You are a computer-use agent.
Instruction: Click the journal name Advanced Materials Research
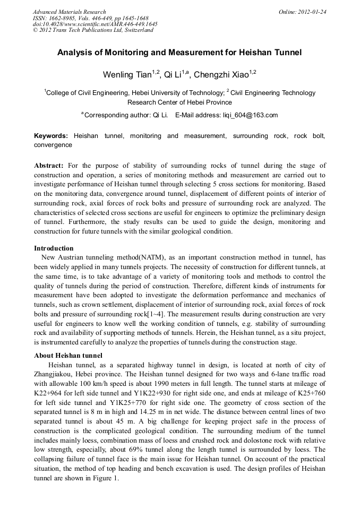point(69,12)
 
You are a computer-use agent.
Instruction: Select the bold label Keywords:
point(51,136)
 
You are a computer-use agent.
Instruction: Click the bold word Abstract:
point(49,166)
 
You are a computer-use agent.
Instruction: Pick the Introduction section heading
point(54,248)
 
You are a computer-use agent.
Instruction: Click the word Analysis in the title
point(77,53)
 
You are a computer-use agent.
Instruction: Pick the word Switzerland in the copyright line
point(138,30)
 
